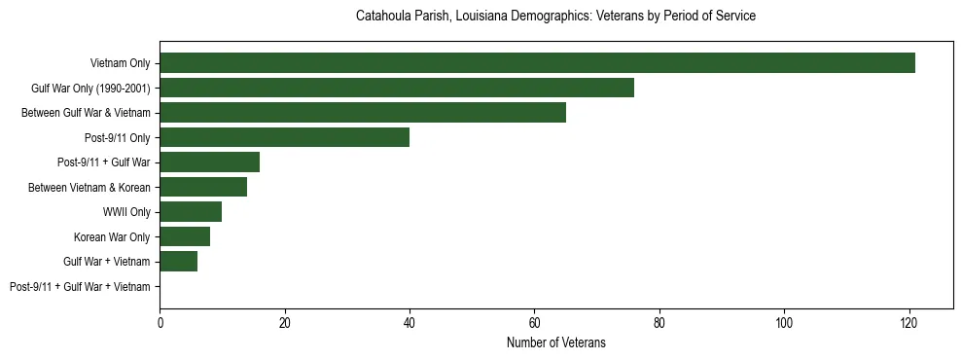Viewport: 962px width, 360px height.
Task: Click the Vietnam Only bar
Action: coord(537,63)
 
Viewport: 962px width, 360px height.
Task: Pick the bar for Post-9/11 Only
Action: coord(284,137)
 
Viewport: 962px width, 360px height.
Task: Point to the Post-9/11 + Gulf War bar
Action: coord(209,162)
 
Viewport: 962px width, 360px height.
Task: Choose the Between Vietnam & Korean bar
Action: coord(203,187)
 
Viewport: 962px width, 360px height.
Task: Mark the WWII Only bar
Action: coord(191,212)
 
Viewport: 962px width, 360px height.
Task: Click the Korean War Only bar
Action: coord(185,236)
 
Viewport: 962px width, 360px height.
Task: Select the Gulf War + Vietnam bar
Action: coord(178,262)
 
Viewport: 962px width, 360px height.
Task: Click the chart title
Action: coord(555,17)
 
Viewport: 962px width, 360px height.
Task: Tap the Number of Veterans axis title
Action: coord(555,342)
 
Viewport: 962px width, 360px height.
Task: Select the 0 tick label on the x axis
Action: coord(160,323)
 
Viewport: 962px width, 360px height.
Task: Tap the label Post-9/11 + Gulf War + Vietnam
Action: coord(80,287)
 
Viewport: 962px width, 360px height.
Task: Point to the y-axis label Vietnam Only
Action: coord(121,63)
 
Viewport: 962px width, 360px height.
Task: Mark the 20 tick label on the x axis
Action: coord(284,323)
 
